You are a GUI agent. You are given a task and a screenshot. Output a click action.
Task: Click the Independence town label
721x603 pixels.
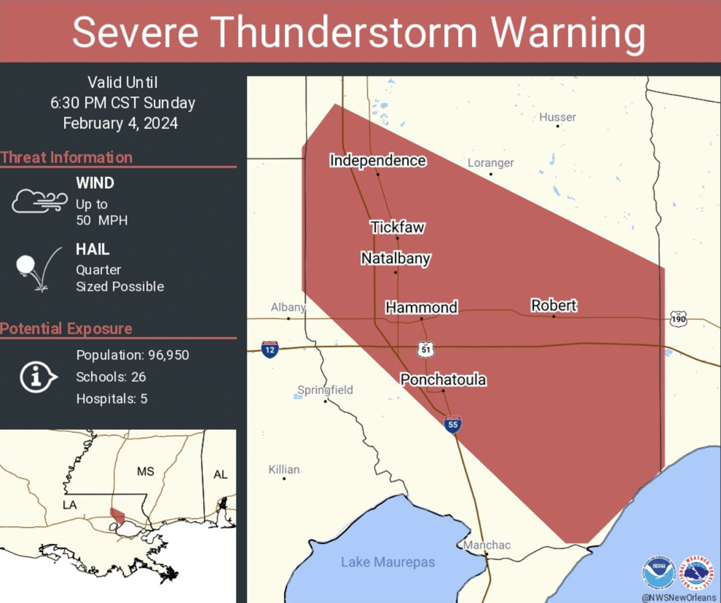377,160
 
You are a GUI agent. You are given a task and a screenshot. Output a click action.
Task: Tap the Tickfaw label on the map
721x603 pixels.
397,227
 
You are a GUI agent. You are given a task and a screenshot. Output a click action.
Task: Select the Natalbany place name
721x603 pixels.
395,259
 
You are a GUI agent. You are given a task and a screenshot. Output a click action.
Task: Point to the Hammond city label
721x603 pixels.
421,307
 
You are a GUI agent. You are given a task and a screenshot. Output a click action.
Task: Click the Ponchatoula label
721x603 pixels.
443,379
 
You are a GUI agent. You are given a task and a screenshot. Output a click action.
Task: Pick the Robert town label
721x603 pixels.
553,305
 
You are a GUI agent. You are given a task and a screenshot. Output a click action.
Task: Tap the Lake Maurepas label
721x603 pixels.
388,561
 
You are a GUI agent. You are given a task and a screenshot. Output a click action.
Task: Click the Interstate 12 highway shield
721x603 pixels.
270,349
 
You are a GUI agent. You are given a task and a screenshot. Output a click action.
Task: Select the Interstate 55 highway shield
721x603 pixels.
452,424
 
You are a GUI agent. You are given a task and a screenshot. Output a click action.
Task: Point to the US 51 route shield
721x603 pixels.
427,349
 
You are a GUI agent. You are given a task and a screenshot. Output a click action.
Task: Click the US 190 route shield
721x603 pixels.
678,319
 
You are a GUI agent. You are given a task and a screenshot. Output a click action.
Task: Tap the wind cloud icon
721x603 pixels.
39,201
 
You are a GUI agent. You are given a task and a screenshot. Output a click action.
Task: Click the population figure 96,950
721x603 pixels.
165,355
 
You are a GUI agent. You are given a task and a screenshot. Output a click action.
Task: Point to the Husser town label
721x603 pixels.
557,117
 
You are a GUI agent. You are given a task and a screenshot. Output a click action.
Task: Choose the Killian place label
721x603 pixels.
283,470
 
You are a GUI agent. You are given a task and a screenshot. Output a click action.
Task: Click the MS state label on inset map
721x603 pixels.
146,472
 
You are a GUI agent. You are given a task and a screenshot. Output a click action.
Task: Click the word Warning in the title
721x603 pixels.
567,32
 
